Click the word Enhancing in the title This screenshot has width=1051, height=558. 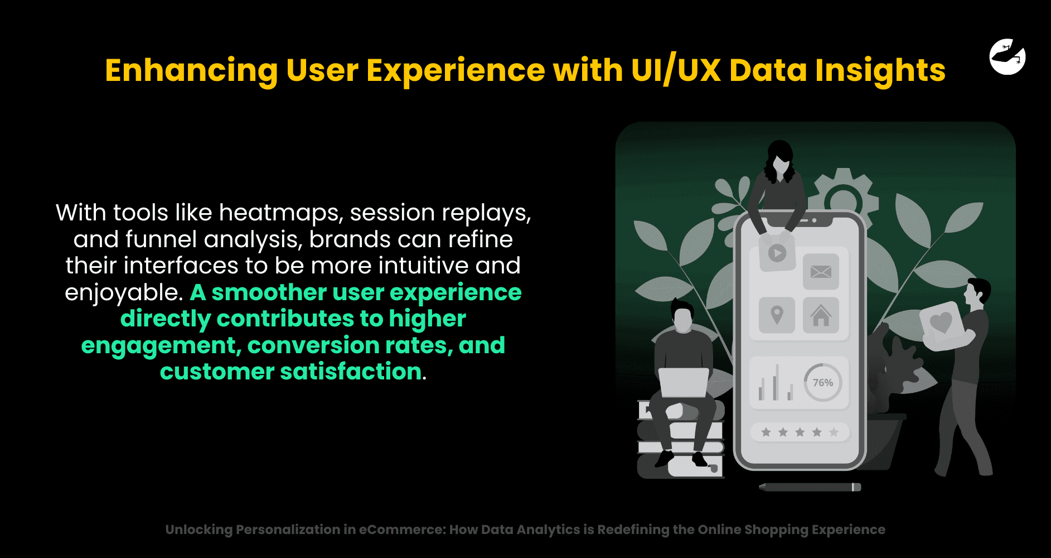(x=191, y=71)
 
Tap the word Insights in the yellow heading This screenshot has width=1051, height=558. (x=880, y=71)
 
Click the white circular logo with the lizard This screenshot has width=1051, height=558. (x=1008, y=56)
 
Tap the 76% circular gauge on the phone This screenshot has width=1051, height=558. (x=823, y=382)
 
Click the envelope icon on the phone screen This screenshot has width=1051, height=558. (x=821, y=272)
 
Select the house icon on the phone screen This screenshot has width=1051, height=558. (x=821, y=315)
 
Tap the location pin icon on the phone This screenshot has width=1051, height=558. (x=777, y=315)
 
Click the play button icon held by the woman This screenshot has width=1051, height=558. (x=777, y=253)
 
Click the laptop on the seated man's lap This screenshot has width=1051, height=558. (x=683, y=382)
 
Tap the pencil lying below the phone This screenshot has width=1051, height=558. (x=810, y=487)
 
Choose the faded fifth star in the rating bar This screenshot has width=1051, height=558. (x=834, y=432)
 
